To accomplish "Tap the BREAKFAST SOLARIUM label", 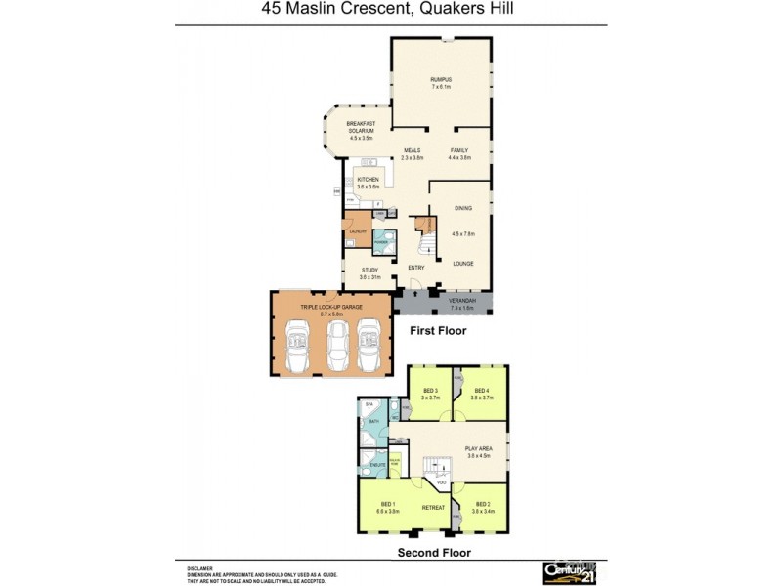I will coord(361,126).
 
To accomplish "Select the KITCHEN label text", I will coord(368,180).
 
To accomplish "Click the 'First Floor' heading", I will coord(437,331).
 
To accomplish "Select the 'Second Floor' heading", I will coord(433,552).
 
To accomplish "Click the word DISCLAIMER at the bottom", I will coord(200,566).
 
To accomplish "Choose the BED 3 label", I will coord(431,391).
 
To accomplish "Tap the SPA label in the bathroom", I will coord(369,404).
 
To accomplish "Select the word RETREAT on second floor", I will coord(433,508).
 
